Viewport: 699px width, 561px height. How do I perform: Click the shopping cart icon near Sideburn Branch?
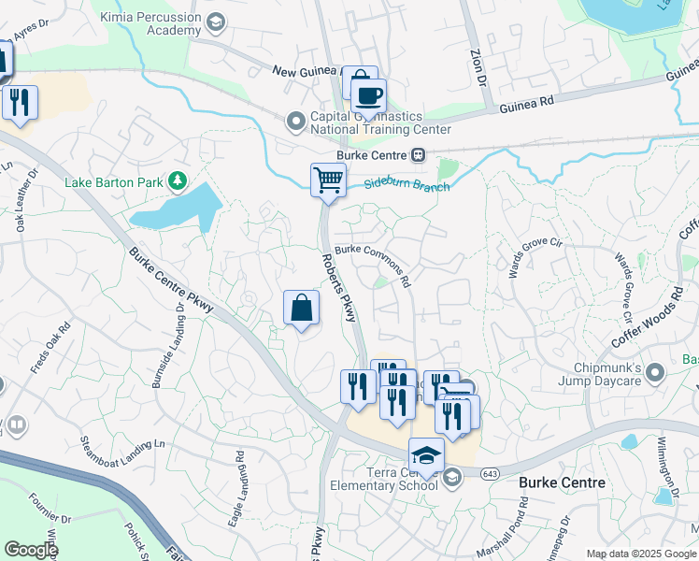(328, 179)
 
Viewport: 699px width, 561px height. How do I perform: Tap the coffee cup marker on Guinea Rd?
(369, 94)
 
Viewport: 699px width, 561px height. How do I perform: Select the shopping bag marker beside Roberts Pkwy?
(301, 308)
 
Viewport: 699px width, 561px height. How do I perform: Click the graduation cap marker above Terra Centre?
(426, 454)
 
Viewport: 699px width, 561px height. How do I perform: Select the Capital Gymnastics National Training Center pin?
(296, 122)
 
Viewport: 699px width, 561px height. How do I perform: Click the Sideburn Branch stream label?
(407, 185)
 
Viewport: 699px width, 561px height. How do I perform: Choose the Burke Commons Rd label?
(374, 266)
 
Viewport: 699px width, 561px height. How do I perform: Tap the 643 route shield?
(490, 474)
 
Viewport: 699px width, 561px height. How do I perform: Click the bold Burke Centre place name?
(562, 482)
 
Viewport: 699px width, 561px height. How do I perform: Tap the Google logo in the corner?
(31, 550)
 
